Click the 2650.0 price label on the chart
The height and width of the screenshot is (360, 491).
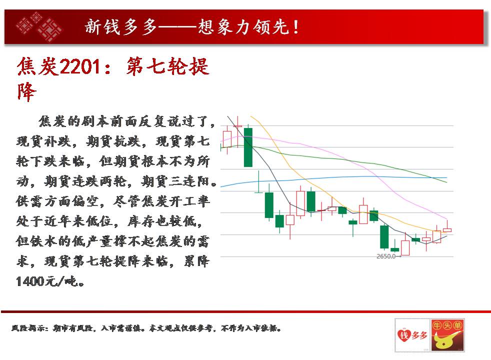386,256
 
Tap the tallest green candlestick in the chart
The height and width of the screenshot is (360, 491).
248,147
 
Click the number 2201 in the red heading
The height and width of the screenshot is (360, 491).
80,66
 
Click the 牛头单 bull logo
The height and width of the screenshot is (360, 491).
447,335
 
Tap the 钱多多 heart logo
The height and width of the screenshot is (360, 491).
412,335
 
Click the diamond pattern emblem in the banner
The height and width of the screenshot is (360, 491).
39,26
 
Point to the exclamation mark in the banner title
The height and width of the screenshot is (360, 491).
295,27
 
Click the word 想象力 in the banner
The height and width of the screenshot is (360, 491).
225,26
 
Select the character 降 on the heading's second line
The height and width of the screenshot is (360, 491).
26,91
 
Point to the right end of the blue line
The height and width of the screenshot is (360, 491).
446,177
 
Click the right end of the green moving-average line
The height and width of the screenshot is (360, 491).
446,182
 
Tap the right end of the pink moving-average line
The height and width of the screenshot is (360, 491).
446,219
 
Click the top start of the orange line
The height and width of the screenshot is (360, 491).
251,116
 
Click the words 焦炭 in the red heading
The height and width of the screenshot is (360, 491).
37,66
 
